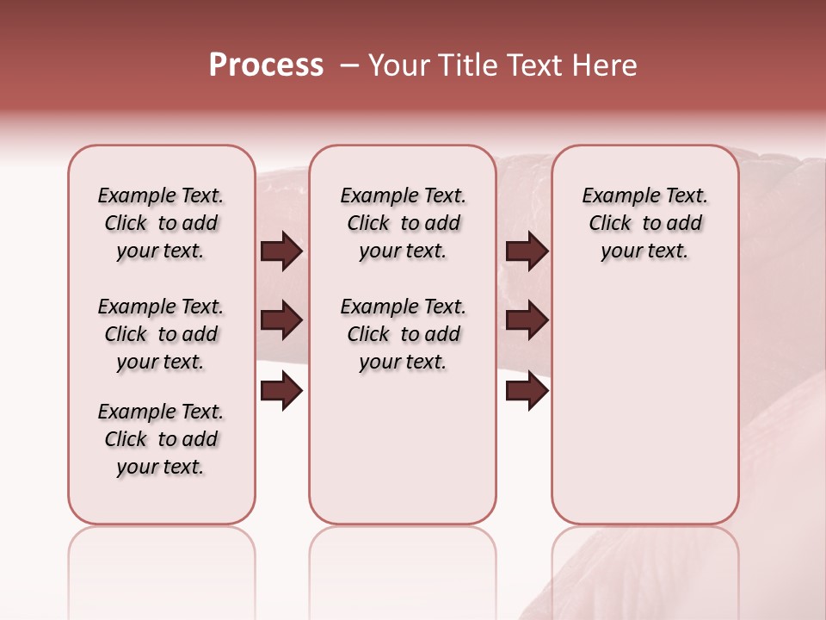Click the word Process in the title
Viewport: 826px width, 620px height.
[x=266, y=65]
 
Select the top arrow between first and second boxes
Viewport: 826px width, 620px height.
[x=281, y=251]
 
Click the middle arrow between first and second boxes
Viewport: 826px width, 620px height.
[x=281, y=321]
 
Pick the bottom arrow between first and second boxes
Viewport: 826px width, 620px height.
[x=281, y=392]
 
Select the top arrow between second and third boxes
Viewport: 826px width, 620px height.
[x=527, y=251]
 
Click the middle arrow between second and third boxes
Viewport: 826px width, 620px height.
[x=527, y=321]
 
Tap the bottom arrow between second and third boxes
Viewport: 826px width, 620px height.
[x=527, y=392]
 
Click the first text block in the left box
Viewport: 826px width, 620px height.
[x=161, y=223]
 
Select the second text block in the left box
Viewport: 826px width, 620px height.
[x=161, y=334]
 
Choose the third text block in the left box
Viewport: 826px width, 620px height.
[x=161, y=439]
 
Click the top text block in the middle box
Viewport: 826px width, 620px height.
[x=403, y=223]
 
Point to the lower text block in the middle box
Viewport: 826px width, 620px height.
[x=403, y=334]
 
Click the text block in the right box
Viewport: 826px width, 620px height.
[x=644, y=223]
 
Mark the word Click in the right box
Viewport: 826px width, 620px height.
[x=610, y=224]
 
